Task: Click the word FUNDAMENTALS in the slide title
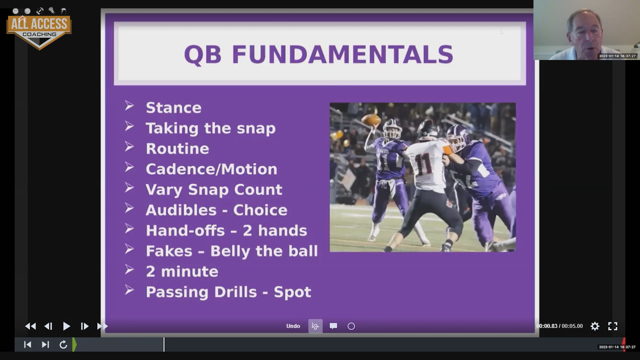pos(342,55)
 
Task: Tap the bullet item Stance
pos(173,108)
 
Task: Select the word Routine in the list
pos(177,149)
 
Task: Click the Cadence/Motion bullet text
pos(211,169)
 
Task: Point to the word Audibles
pos(181,210)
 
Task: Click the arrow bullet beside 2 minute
pos(129,270)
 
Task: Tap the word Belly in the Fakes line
pos(230,251)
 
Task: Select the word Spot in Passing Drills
pos(292,292)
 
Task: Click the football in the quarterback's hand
pos(371,120)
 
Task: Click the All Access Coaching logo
pos(39,29)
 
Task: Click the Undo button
pos(293,326)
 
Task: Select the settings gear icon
pos(595,326)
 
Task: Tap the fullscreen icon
pos(613,326)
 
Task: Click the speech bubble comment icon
pos(333,326)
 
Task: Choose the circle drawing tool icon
pos(351,326)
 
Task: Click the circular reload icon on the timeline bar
pos(63,344)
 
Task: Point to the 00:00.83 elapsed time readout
pos(547,326)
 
